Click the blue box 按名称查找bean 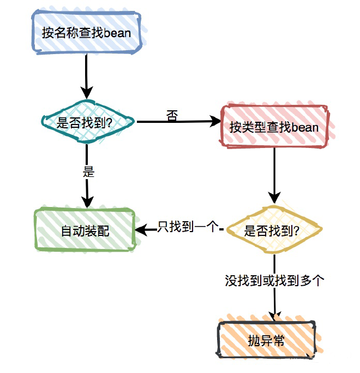click(x=86, y=32)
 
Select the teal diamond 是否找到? click(x=88, y=122)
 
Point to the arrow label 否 click(x=172, y=116)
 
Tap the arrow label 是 click(x=88, y=172)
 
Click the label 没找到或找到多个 click(x=275, y=281)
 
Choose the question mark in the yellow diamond click(x=296, y=230)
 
